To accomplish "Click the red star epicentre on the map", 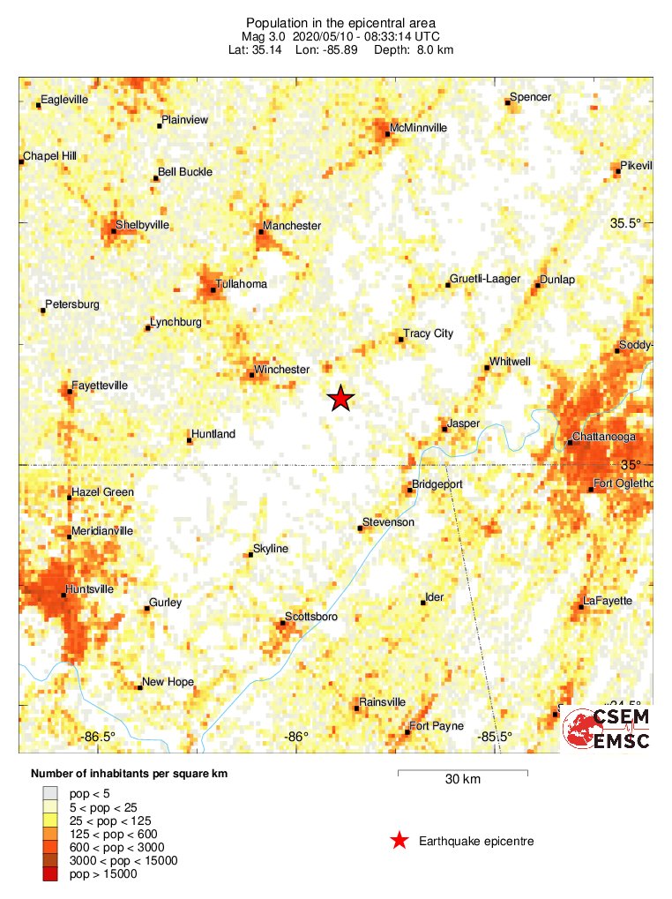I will (340, 399).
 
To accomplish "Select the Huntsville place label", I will (90, 588).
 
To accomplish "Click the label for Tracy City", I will (428, 333).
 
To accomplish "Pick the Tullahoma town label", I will (243, 284).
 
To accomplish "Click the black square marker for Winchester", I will (251, 375).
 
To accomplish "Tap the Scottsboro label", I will (310, 617).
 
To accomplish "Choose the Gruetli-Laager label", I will (484, 279).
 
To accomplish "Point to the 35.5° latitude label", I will (625, 223).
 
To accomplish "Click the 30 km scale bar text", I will (463, 780).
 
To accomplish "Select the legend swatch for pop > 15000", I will (50, 873).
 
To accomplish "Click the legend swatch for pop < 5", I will (50, 793).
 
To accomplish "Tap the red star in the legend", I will (399, 841).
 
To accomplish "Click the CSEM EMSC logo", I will (607, 729).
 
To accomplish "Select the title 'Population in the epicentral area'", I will (340, 22).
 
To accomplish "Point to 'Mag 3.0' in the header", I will (261, 36).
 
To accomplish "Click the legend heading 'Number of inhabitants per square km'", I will (129, 774).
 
